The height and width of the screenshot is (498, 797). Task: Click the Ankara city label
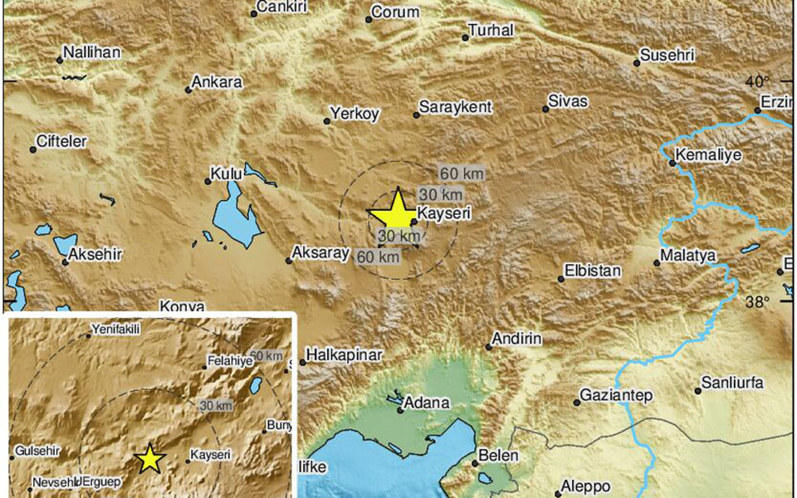coord(217,82)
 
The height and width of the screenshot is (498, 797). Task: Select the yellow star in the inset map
coord(149,458)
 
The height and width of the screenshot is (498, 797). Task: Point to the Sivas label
coord(568,101)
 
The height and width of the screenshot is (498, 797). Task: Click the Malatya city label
coord(687,256)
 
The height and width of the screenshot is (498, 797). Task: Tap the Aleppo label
coord(585,486)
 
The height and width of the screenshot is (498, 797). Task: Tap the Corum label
coord(394,12)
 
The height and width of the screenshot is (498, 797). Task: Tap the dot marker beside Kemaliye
coord(672,163)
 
